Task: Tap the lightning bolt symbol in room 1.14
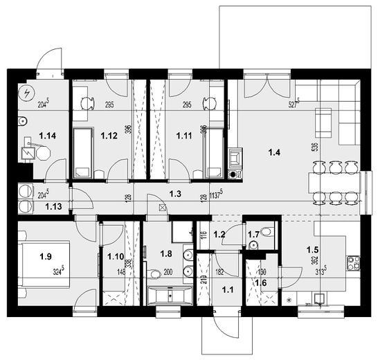(x=26, y=92)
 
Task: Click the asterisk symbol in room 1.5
(x=289, y=300)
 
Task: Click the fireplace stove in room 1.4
(x=235, y=160)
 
